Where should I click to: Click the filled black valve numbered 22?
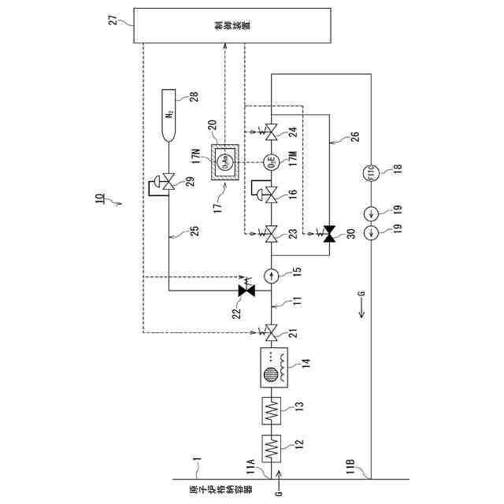pyautogui.click(x=248, y=291)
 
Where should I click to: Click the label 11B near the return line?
pyautogui.click(x=352, y=475)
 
